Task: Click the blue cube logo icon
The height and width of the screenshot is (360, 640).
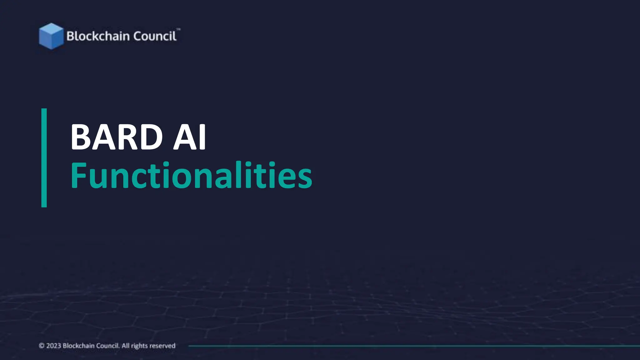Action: click(x=51, y=36)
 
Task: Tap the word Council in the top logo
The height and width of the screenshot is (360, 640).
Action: click(x=155, y=36)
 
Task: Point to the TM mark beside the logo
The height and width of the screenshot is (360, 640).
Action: click(x=178, y=29)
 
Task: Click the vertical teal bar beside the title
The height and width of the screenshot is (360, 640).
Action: click(x=44, y=158)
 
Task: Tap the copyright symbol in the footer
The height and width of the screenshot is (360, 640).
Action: click(x=42, y=346)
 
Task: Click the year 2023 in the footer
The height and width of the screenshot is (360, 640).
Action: click(x=53, y=346)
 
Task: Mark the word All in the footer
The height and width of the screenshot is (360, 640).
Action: click(x=125, y=346)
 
